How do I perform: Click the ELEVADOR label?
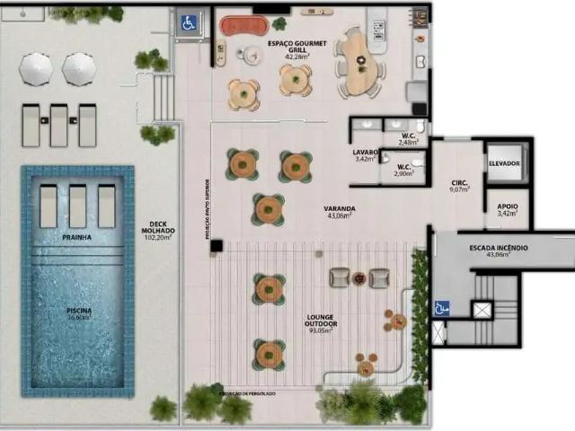pyautogui.click(x=504, y=163)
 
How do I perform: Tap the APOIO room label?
pyautogui.click(x=507, y=207)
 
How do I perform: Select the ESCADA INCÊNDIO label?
pyautogui.click(x=499, y=247)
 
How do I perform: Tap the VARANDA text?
pyautogui.click(x=340, y=208)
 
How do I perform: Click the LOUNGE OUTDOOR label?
pyautogui.click(x=321, y=320)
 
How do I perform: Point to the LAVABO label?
pyautogui.click(x=365, y=153)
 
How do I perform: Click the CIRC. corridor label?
pyautogui.click(x=459, y=183)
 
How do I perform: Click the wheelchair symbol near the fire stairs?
pyautogui.click(x=442, y=308)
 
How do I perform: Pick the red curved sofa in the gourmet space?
pyautogui.click(x=238, y=25)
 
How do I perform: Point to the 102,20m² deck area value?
pyautogui.click(x=158, y=240)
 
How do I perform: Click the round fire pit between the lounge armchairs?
pyautogui.click(x=358, y=277)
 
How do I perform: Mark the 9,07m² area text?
pyautogui.click(x=459, y=190)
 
